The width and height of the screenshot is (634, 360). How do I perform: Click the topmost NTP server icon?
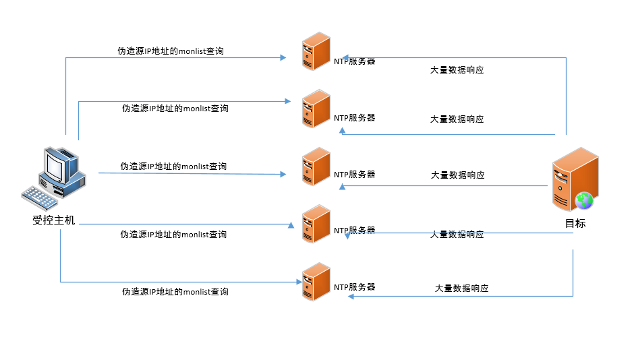(x=316, y=51)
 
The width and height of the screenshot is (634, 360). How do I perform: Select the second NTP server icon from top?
(x=316, y=109)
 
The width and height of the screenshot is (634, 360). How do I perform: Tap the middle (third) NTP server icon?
(x=316, y=167)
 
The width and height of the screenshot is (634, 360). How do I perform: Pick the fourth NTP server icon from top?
(x=316, y=224)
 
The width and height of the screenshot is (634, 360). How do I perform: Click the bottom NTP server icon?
(x=316, y=281)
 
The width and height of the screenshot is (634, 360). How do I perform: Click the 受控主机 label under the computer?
(x=54, y=220)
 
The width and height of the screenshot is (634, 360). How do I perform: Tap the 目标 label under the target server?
(x=575, y=223)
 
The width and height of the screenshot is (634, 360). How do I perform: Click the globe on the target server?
(x=583, y=200)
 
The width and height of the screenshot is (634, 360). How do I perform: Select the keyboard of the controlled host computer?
(x=40, y=197)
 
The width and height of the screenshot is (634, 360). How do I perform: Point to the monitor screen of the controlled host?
(x=55, y=163)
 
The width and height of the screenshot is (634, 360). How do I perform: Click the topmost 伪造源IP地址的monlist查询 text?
(x=171, y=51)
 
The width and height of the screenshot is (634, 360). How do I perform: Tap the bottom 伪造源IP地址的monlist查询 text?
(x=175, y=292)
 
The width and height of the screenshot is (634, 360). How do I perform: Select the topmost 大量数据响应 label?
(x=457, y=70)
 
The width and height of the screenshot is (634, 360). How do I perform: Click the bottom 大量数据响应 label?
(x=461, y=289)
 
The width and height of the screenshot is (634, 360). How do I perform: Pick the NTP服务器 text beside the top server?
(x=354, y=61)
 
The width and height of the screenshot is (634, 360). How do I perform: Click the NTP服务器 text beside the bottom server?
(x=354, y=287)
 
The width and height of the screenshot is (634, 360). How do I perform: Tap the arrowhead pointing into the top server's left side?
(x=283, y=58)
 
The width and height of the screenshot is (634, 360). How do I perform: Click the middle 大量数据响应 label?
(x=457, y=175)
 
